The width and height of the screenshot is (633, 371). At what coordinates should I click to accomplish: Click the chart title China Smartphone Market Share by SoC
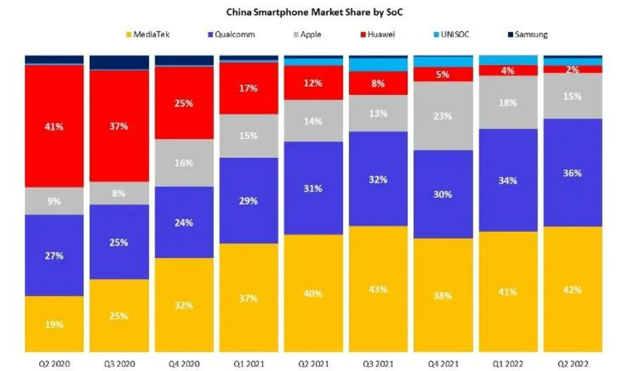coord(316,11)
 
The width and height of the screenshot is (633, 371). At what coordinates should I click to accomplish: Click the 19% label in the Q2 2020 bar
coord(54,325)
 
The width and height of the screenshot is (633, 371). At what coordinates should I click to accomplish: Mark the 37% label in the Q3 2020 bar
coord(119,126)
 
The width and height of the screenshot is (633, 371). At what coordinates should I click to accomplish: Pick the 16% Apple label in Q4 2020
coord(184,163)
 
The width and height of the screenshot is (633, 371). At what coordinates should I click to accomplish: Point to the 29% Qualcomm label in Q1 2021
coord(249,201)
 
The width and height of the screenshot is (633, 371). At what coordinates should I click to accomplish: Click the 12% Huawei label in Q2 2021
coord(314,83)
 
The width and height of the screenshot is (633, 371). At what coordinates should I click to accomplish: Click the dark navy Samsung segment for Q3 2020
coord(119,62)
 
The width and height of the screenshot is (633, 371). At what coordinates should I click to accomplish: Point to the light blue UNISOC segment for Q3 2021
coord(379,65)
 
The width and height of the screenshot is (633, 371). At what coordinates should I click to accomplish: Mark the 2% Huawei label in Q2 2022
coord(572,70)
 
